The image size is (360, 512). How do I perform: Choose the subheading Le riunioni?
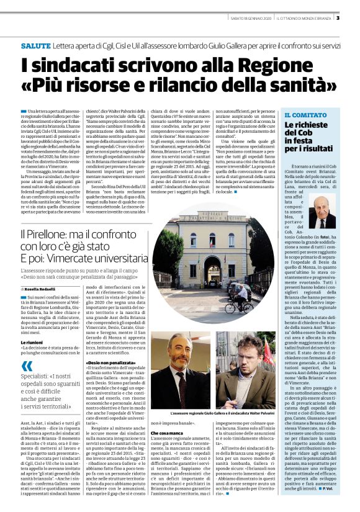pyautogui.click(x=32, y=342)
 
